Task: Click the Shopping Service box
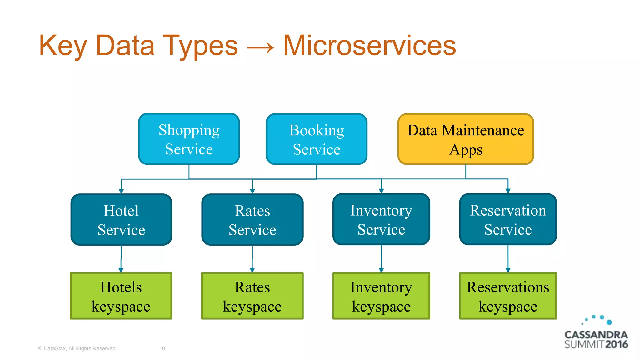pos(189,139)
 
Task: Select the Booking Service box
pos(317,139)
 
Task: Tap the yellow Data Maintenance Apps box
pos(466,139)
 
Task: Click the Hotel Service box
pos(121,220)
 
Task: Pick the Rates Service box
pos(252,220)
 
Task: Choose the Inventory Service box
pos(381,219)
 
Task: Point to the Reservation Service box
pos(508,219)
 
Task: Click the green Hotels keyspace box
pos(121,296)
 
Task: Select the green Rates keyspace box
pos(252,296)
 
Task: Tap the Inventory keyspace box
pos(381,296)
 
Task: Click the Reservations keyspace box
pos(508,296)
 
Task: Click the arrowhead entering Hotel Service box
pos(121,191)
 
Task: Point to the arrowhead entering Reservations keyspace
pos(508,270)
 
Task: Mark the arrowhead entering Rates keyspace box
pos(252,270)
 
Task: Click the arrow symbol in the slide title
pos(260,48)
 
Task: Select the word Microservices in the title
pos(369,46)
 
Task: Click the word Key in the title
pos(62,46)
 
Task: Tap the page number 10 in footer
pos(162,348)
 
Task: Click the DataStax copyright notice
pos(77,348)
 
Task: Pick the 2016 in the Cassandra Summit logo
pos(616,344)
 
